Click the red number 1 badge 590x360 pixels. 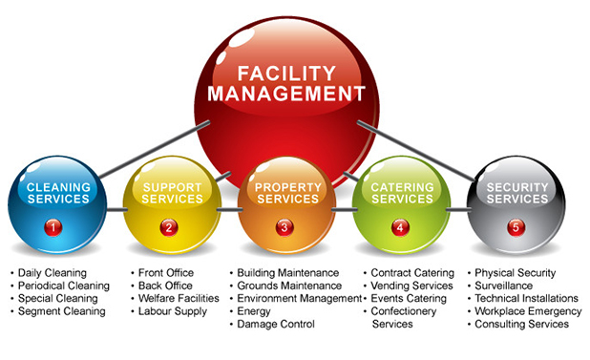pyautogui.click(x=53, y=227)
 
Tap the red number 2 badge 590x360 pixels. pyautogui.click(x=168, y=227)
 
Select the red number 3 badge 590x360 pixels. pyautogui.click(x=284, y=227)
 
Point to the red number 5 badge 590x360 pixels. pyautogui.click(x=516, y=227)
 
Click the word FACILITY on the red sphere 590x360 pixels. pyautogui.click(x=287, y=72)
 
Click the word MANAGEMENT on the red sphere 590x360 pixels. pyautogui.click(x=287, y=94)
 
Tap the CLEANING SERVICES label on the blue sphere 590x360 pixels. pyautogui.click(x=58, y=193)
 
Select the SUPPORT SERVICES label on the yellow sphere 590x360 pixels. pyautogui.click(x=173, y=193)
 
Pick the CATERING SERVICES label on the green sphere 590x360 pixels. pyautogui.click(x=402, y=193)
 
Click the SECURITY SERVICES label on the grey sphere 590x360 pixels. pyautogui.click(x=517, y=193)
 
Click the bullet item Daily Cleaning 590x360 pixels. pyautogui.click(x=52, y=273)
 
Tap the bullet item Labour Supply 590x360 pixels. pyautogui.click(x=170, y=311)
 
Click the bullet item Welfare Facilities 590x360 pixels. pyautogui.click(x=179, y=299)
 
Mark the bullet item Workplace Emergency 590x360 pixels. pyautogui.click(x=528, y=311)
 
